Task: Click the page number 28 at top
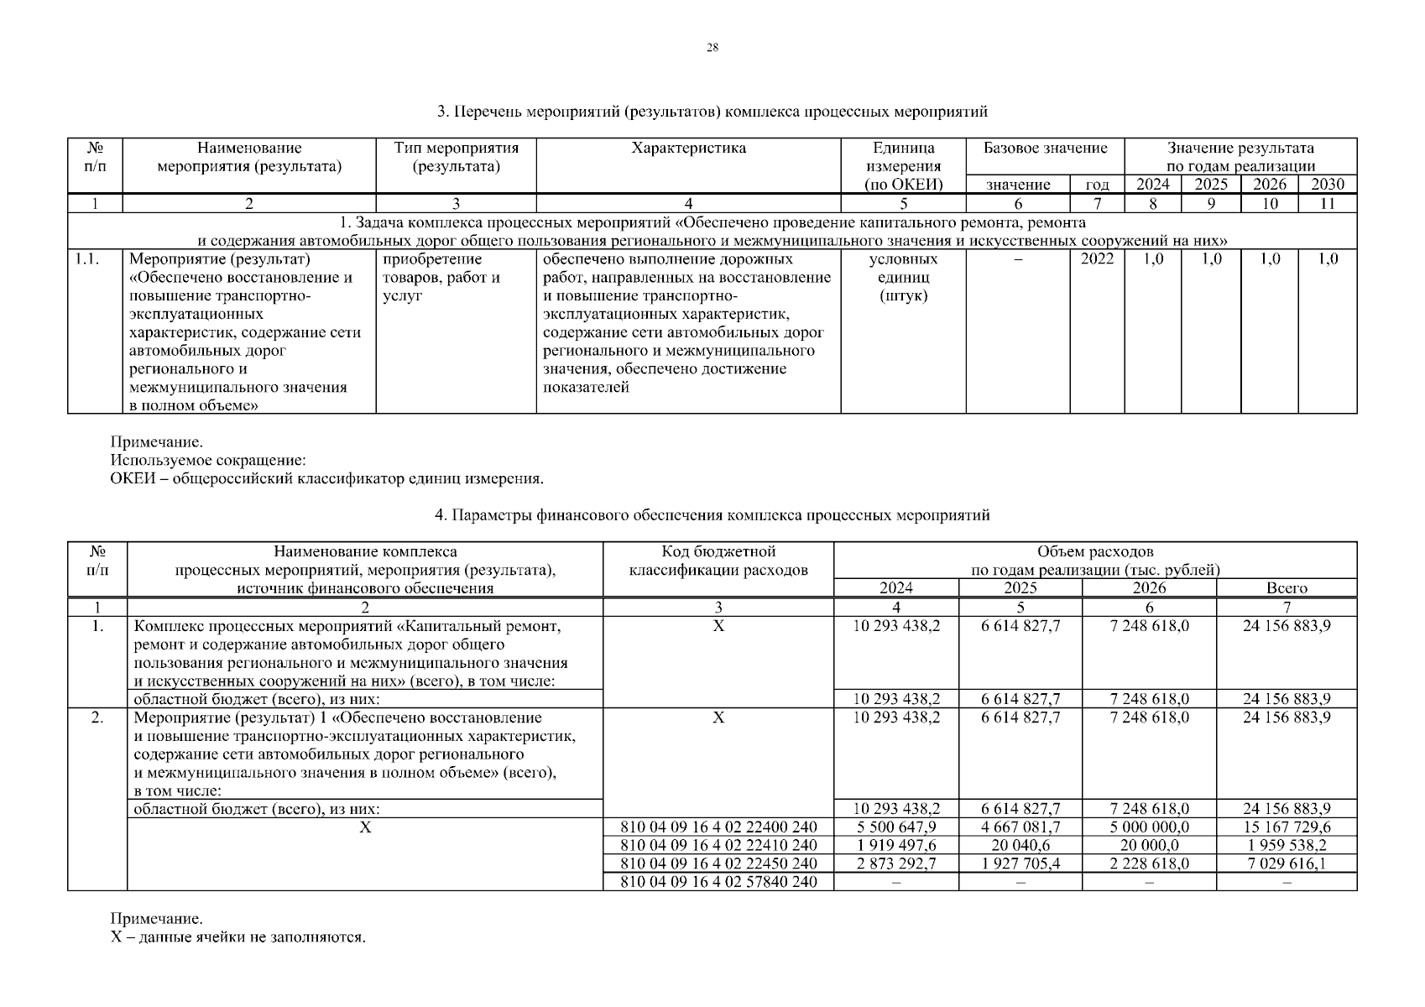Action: click(x=712, y=48)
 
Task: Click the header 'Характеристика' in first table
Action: click(x=688, y=149)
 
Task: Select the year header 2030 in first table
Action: click(x=1328, y=185)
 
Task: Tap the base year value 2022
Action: click(x=1096, y=259)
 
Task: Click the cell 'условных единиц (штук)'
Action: click(x=903, y=278)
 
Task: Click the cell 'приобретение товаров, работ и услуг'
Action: click(x=441, y=278)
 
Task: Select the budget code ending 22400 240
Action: click(x=718, y=827)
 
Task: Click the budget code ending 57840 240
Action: click(x=718, y=882)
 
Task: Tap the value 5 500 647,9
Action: click(x=896, y=827)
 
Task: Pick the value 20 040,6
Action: click(x=1020, y=846)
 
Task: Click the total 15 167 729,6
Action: click(x=1287, y=827)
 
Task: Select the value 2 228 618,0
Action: click(x=1149, y=864)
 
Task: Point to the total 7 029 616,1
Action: click(x=1287, y=864)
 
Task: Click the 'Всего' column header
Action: click(x=1287, y=588)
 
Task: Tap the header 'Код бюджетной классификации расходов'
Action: click(x=718, y=561)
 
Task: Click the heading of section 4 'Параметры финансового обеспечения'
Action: click(x=712, y=515)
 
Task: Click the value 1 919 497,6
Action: click(x=896, y=846)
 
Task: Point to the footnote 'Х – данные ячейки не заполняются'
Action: click(x=238, y=937)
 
